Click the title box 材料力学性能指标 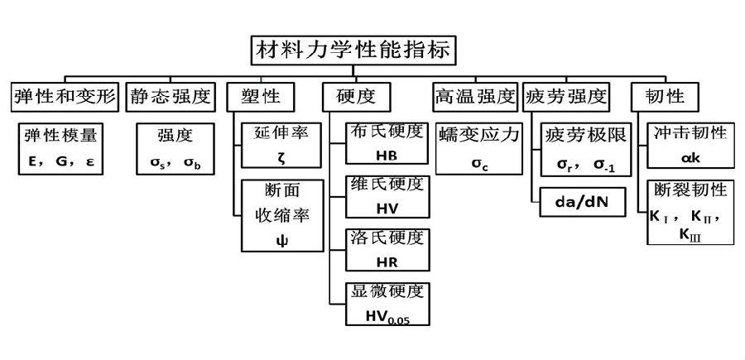353,50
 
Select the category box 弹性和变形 65,96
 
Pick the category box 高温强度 474,96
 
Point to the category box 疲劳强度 567,96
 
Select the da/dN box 584,202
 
